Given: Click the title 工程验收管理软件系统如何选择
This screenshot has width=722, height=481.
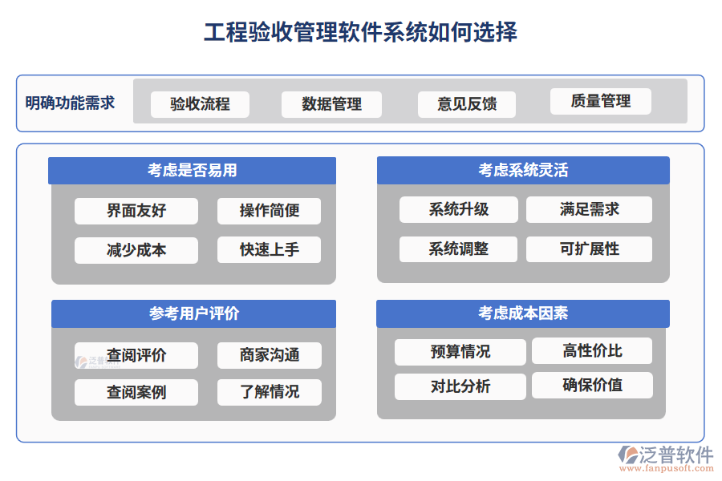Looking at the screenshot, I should [360, 32].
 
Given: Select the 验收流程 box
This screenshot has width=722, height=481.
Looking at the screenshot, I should [200, 104].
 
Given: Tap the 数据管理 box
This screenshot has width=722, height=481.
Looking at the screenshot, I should [331, 104].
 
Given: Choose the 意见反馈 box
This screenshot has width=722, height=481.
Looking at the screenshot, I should [467, 104].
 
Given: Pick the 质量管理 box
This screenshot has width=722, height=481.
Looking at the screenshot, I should [600, 101].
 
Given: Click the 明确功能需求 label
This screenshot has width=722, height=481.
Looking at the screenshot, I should [71, 103].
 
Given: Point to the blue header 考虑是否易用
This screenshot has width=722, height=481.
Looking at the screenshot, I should [192, 170].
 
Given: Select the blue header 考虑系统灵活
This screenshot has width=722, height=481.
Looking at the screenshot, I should [523, 170].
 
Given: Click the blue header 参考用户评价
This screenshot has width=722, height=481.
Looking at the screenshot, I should [193, 313].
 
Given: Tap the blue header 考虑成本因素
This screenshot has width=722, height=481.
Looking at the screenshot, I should [523, 313].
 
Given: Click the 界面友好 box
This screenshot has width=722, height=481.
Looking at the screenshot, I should [136, 211].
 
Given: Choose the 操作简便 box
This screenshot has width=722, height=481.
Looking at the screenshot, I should [269, 211].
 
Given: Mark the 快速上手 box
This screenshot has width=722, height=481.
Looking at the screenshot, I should [269, 249].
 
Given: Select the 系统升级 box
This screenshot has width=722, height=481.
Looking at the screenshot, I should [459, 209].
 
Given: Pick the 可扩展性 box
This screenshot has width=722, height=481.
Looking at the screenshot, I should [589, 249].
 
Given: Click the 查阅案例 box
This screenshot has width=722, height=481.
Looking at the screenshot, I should [136, 392].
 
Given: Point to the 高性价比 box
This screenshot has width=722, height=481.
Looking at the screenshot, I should [592, 350].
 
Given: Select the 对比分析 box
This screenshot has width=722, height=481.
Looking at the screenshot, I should [460, 386].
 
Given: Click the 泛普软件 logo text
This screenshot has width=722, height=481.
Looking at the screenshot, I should [675, 455].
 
